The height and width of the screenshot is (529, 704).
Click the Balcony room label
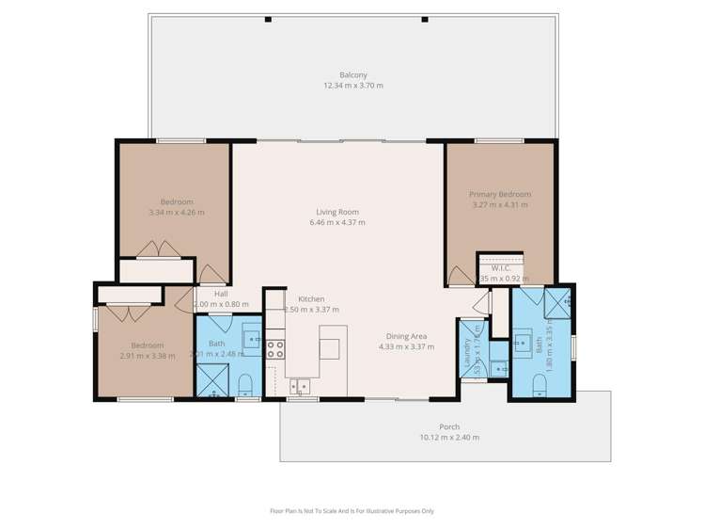[x=352, y=75]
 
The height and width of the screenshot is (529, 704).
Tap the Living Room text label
[x=336, y=213]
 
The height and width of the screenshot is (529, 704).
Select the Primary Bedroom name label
[x=500, y=195]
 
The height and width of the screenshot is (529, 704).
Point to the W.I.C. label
[x=500, y=268]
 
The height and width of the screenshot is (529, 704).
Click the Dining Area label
[x=406, y=336]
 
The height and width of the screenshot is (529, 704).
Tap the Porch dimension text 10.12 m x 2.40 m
[x=448, y=437]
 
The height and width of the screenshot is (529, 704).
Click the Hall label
[x=220, y=294]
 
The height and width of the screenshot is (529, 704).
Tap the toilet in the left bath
[x=246, y=382]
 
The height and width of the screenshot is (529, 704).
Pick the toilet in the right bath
[x=540, y=385]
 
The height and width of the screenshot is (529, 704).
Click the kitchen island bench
[x=332, y=343]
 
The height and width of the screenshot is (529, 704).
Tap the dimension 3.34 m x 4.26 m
[x=176, y=213]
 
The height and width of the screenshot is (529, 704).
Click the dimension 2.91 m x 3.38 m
[x=148, y=356]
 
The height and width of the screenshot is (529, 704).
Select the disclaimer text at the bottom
[x=352, y=511]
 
